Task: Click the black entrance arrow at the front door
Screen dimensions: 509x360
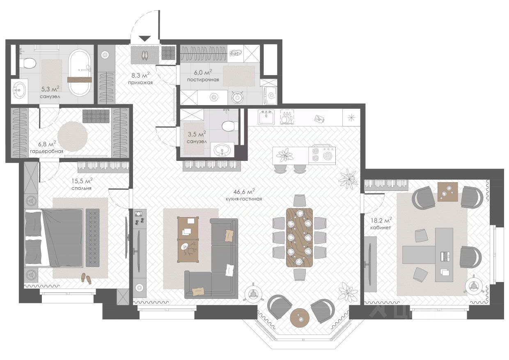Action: click(x=144, y=39)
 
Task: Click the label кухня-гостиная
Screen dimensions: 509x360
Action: click(x=244, y=199)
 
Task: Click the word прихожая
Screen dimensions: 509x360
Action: click(x=140, y=83)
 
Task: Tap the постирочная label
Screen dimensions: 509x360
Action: click(x=203, y=80)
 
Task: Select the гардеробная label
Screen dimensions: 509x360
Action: click(x=46, y=151)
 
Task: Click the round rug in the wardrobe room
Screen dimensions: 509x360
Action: click(x=73, y=136)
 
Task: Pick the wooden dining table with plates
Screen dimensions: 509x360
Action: click(x=299, y=237)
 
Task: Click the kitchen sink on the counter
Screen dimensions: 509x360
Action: click(x=266, y=117)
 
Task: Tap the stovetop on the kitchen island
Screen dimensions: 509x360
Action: click(x=322, y=154)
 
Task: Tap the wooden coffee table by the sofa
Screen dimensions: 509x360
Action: click(x=188, y=239)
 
